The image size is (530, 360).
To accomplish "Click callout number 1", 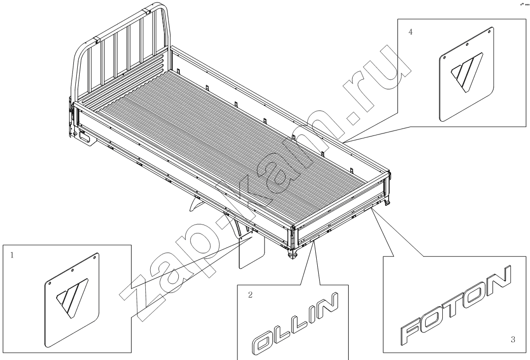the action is tap(12, 255).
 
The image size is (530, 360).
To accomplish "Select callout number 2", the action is tap(250, 295).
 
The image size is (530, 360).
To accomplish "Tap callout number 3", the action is tap(513, 339).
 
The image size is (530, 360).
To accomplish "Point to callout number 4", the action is tap(411, 32).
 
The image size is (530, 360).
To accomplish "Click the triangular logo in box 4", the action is tap(467, 72).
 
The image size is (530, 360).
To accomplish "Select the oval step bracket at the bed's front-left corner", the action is tap(86, 139).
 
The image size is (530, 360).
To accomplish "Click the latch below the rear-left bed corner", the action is tap(292, 255).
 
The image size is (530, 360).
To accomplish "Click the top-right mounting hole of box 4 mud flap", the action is tap(490, 32).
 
